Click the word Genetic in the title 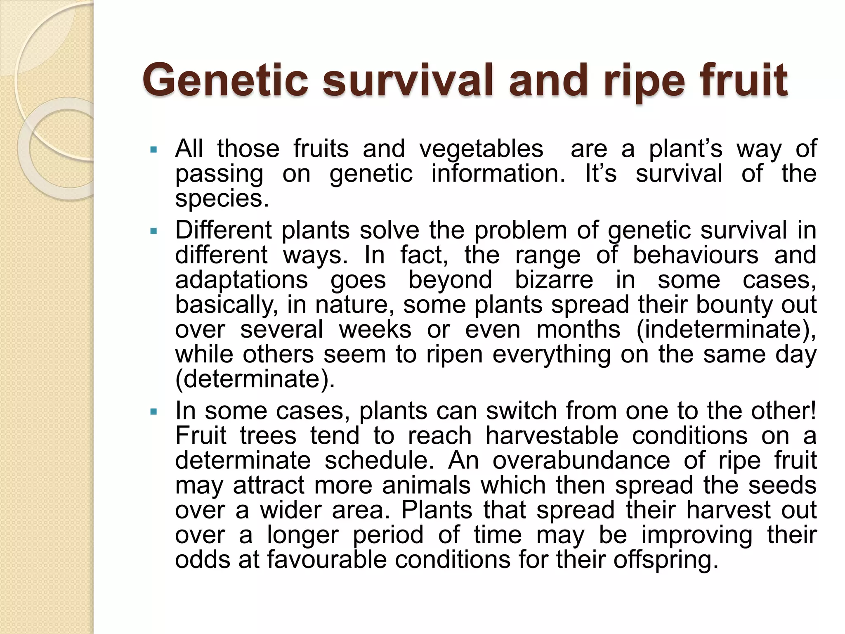[225, 80]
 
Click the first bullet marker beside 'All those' [154, 149]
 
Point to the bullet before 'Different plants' [154, 231]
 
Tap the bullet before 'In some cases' [154, 412]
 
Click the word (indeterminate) [726, 330]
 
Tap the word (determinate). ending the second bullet [255, 379]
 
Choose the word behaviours [695, 255]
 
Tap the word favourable [326, 560]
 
